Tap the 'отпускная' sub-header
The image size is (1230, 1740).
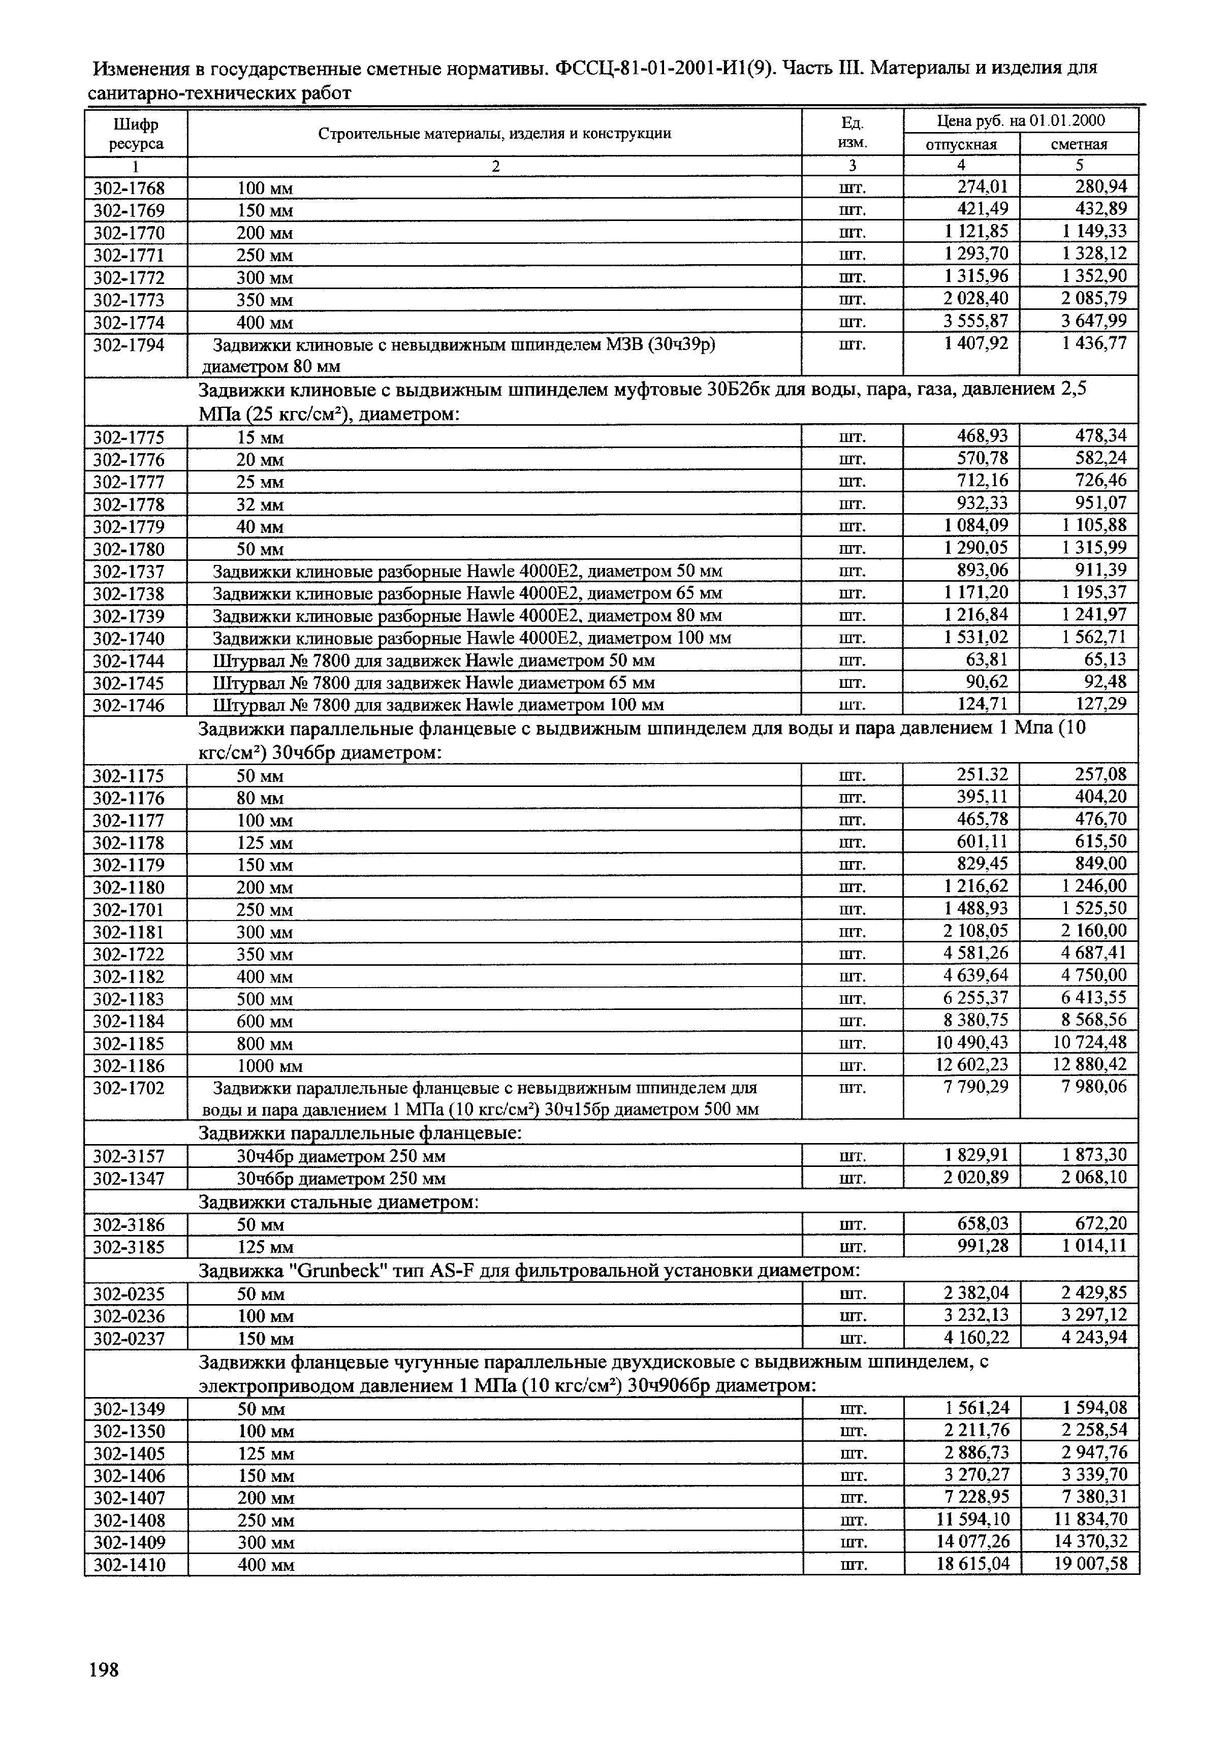(x=961, y=144)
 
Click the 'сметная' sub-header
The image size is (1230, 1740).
(x=1079, y=144)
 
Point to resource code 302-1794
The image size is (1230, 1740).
(x=129, y=345)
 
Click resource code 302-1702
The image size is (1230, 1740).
(x=129, y=1088)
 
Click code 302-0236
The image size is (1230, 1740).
(x=129, y=1316)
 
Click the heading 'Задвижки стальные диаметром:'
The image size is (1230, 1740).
(x=338, y=1203)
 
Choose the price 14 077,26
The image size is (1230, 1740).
(x=973, y=1541)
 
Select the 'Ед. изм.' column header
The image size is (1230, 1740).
(x=853, y=133)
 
